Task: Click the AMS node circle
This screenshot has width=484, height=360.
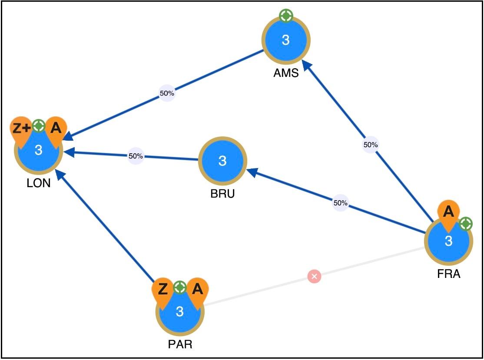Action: click(286, 40)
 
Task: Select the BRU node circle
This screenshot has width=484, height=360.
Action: click(222, 161)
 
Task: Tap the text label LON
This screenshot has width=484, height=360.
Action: click(39, 183)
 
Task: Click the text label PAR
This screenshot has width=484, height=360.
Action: click(180, 344)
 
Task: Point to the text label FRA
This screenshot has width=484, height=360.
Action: click(449, 274)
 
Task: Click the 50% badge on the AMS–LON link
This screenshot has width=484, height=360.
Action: click(167, 93)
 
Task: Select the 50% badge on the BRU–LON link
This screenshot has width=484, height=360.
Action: click(136, 156)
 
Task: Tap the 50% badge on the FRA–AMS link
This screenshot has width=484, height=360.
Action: click(371, 144)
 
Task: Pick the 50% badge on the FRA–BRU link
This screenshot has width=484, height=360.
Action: click(341, 203)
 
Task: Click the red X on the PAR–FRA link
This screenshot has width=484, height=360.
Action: click(314, 276)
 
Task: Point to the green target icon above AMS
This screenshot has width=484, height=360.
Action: click(286, 16)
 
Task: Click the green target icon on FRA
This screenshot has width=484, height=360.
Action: click(466, 224)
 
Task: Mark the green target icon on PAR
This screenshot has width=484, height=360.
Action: click(180, 287)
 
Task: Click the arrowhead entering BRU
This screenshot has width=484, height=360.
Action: click(252, 172)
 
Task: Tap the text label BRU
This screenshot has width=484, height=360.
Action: click(222, 194)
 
